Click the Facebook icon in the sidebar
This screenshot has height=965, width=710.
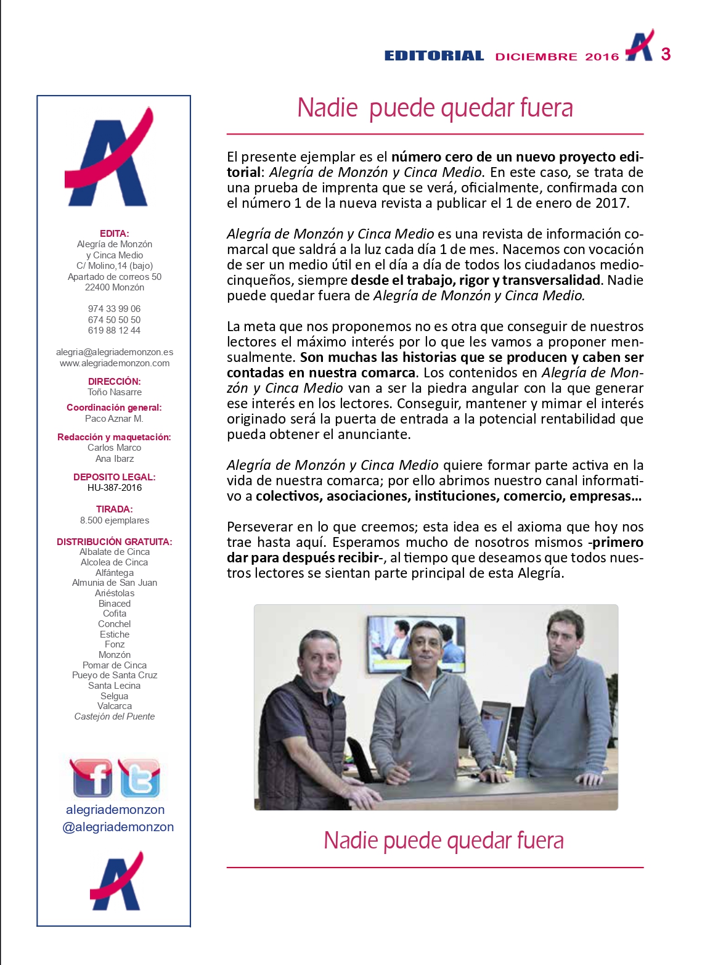tap(92, 778)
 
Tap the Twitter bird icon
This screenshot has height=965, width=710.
tap(140, 779)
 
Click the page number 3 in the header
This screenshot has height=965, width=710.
tap(666, 54)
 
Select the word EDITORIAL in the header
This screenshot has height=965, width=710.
tap(434, 56)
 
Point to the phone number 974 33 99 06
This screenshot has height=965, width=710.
tap(114, 309)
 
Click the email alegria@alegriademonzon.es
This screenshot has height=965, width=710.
tap(115, 352)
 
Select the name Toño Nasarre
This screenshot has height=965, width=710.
tap(115, 392)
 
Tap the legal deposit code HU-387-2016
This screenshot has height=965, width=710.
tap(115, 488)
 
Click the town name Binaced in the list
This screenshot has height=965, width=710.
tap(115, 604)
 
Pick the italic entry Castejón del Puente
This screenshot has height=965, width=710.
tap(115, 717)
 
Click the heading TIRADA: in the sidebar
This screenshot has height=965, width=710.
tap(115, 509)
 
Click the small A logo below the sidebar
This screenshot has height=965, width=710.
tap(116, 882)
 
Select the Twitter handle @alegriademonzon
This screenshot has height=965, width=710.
tap(118, 827)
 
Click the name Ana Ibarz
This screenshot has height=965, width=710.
tap(115, 459)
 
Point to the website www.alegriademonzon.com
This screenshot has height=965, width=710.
tap(115, 363)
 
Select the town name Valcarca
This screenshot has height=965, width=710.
tap(115, 706)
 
